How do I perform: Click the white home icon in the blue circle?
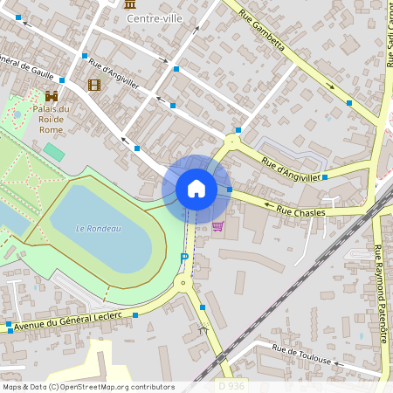pyautogui.click(x=196, y=189)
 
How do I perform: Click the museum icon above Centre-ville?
pyautogui.click(x=131, y=4)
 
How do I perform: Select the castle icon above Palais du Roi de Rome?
pyautogui.click(x=52, y=95)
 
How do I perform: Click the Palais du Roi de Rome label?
pyautogui.click(x=52, y=119)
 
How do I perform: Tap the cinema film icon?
pyautogui.click(x=93, y=85)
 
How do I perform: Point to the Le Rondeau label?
pyautogui.click(x=98, y=229)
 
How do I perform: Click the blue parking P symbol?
pyautogui.click(x=183, y=257)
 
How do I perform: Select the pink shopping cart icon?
pyautogui.click(x=217, y=225)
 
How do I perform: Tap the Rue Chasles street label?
pyautogui.click(x=300, y=211)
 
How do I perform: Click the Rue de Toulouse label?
pyautogui.click(x=301, y=354)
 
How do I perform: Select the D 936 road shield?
pyautogui.click(x=231, y=385)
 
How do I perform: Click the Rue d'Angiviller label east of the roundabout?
pyautogui.click(x=292, y=171)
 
